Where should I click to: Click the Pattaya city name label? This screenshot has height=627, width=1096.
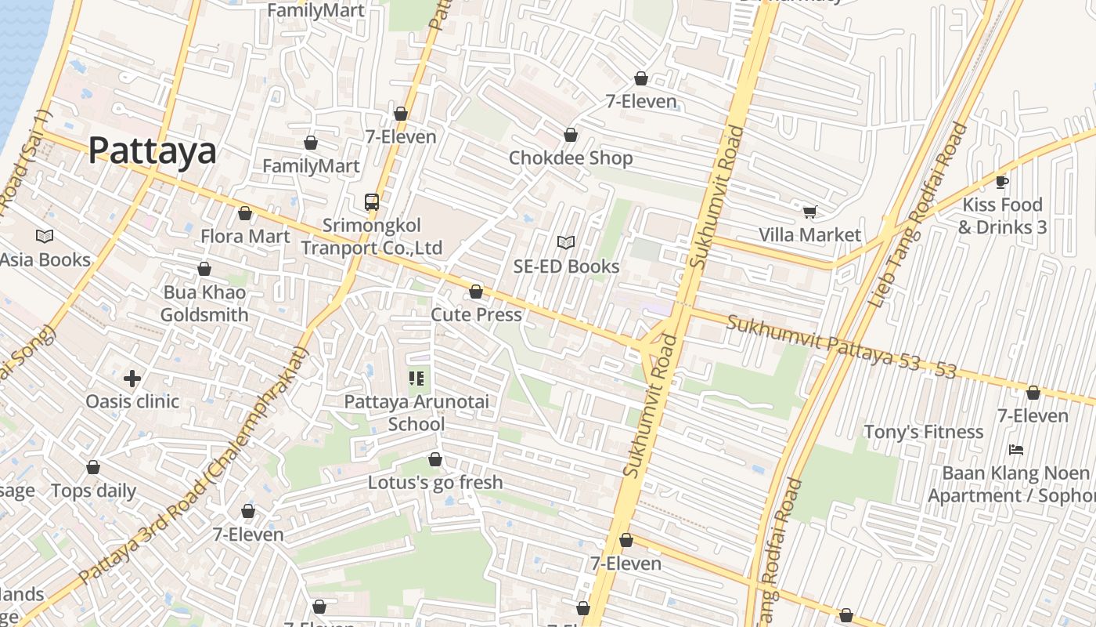click(152, 150)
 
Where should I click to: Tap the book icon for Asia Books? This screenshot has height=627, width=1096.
click(45, 236)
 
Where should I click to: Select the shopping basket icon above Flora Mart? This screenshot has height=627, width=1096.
click(245, 213)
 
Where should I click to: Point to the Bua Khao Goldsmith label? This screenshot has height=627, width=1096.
click(204, 303)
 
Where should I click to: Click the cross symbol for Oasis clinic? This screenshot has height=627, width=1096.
click(132, 379)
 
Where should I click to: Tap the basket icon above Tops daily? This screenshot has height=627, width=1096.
click(93, 468)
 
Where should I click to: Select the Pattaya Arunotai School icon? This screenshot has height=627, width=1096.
click(416, 379)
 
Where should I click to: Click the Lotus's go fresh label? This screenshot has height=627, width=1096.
click(435, 482)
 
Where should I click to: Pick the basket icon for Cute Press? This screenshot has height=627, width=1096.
click(476, 292)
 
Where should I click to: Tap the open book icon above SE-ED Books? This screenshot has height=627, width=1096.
click(566, 243)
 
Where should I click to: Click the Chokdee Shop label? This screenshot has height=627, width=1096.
click(571, 158)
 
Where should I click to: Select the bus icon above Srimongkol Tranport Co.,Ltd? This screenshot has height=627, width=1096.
click(372, 202)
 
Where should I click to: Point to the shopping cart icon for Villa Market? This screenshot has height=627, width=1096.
click(809, 212)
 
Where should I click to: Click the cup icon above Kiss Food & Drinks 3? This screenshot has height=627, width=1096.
click(1001, 182)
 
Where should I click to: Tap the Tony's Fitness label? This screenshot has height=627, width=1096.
click(923, 432)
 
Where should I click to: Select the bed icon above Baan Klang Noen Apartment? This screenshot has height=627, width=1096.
click(1016, 450)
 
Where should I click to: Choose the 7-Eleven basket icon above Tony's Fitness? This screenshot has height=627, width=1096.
click(1033, 393)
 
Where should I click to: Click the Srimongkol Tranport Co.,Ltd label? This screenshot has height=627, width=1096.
click(372, 237)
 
